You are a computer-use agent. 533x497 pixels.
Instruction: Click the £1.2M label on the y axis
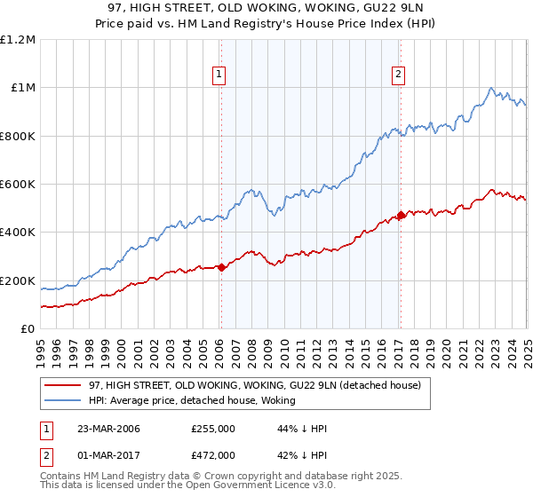click(18, 40)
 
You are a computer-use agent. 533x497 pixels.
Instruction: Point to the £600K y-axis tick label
click(18, 185)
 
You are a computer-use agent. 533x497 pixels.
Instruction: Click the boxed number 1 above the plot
click(219, 75)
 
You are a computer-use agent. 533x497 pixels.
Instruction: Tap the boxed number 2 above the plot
click(399, 75)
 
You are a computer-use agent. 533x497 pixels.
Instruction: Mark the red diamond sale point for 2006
click(221, 267)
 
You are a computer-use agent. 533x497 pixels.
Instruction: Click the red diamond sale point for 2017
click(400, 215)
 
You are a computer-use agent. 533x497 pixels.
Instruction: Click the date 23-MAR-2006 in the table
click(102, 429)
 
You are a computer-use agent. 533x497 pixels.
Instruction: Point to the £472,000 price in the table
click(213, 454)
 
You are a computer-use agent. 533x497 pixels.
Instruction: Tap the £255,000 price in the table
click(213, 429)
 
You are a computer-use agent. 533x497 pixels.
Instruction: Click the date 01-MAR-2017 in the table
click(102, 454)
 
